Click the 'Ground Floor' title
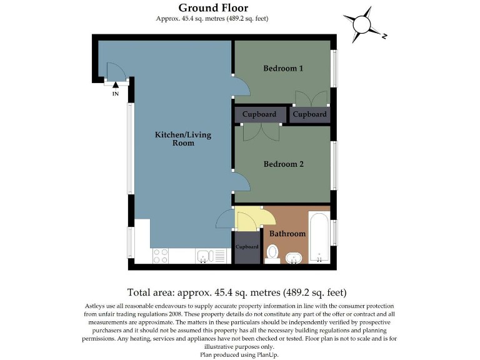(x=213, y=8)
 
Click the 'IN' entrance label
(x=115, y=94)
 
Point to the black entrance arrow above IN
(x=115, y=86)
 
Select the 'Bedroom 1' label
(x=283, y=68)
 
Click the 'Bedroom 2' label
(x=283, y=164)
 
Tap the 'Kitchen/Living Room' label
(x=175, y=139)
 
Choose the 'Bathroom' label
(x=287, y=234)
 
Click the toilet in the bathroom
(x=272, y=253)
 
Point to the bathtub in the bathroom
(x=319, y=238)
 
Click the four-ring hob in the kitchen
(x=161, y=256)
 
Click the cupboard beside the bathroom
(x=247, y=247)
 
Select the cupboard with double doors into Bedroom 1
(x=309, y=115)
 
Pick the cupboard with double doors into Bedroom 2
(x=259, y=115)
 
